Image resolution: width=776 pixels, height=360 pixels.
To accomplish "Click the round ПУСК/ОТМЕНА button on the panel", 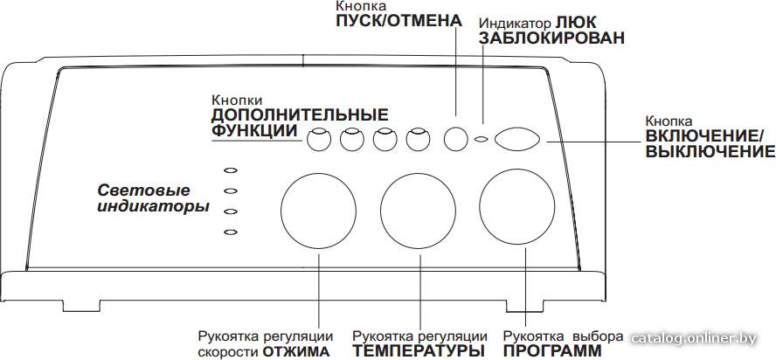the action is pyautogui.click(x=456, y=139).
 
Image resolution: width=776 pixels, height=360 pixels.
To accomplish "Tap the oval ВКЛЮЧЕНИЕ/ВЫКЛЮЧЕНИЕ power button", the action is pyautogui.click(x=516, y=139).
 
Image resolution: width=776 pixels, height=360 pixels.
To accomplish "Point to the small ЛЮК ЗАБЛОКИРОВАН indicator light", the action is pyautogui.click(x=480, y=140).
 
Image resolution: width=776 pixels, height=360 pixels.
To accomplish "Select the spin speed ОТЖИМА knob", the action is pyautogui.click(x=319, y=210).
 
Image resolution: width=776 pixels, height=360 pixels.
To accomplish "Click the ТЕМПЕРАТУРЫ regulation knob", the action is pyautogui.click(x=419, y=210).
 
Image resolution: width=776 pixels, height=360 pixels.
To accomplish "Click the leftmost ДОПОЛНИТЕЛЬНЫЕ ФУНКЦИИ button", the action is pyautogui.click(x=318, y=139).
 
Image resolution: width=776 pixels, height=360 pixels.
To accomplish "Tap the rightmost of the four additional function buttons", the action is pyautogui.click(x=419, y=139).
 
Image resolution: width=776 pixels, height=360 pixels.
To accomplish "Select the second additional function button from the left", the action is pyautogui.click(x=352, y=139).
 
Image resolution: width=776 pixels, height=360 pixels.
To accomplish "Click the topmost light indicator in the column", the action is pyautogui.click(x=231, y=170).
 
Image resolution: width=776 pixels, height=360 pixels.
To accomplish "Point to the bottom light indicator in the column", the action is pyautogui.click(x=231, y=232).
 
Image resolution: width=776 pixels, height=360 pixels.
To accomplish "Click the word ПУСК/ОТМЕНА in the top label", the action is pyautogui.click(x=398, y=21).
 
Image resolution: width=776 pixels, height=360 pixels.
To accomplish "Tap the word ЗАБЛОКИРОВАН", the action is pyautogui.click(x=551, y=38).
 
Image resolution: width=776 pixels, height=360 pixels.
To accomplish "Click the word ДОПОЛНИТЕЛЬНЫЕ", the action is pyautogui.click(x=300, y=114).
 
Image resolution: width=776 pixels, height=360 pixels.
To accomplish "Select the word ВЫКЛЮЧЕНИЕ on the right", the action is pyautogui.click(x=710, y=151).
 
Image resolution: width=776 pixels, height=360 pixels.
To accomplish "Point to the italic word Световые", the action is pyautogui.click(x=143, y=190).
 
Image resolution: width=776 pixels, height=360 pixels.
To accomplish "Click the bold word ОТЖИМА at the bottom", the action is pyautogui.click(x=296, y=351).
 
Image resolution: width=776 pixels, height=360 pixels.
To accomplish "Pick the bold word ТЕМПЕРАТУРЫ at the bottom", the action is pyautogui.click(x=419, y=351).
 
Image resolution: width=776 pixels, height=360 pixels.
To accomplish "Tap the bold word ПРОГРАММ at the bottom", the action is pyautogui.click(x=553, y=351).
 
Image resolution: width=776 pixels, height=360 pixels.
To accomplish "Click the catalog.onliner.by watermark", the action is pyautogui.click(x=695, y=339).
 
